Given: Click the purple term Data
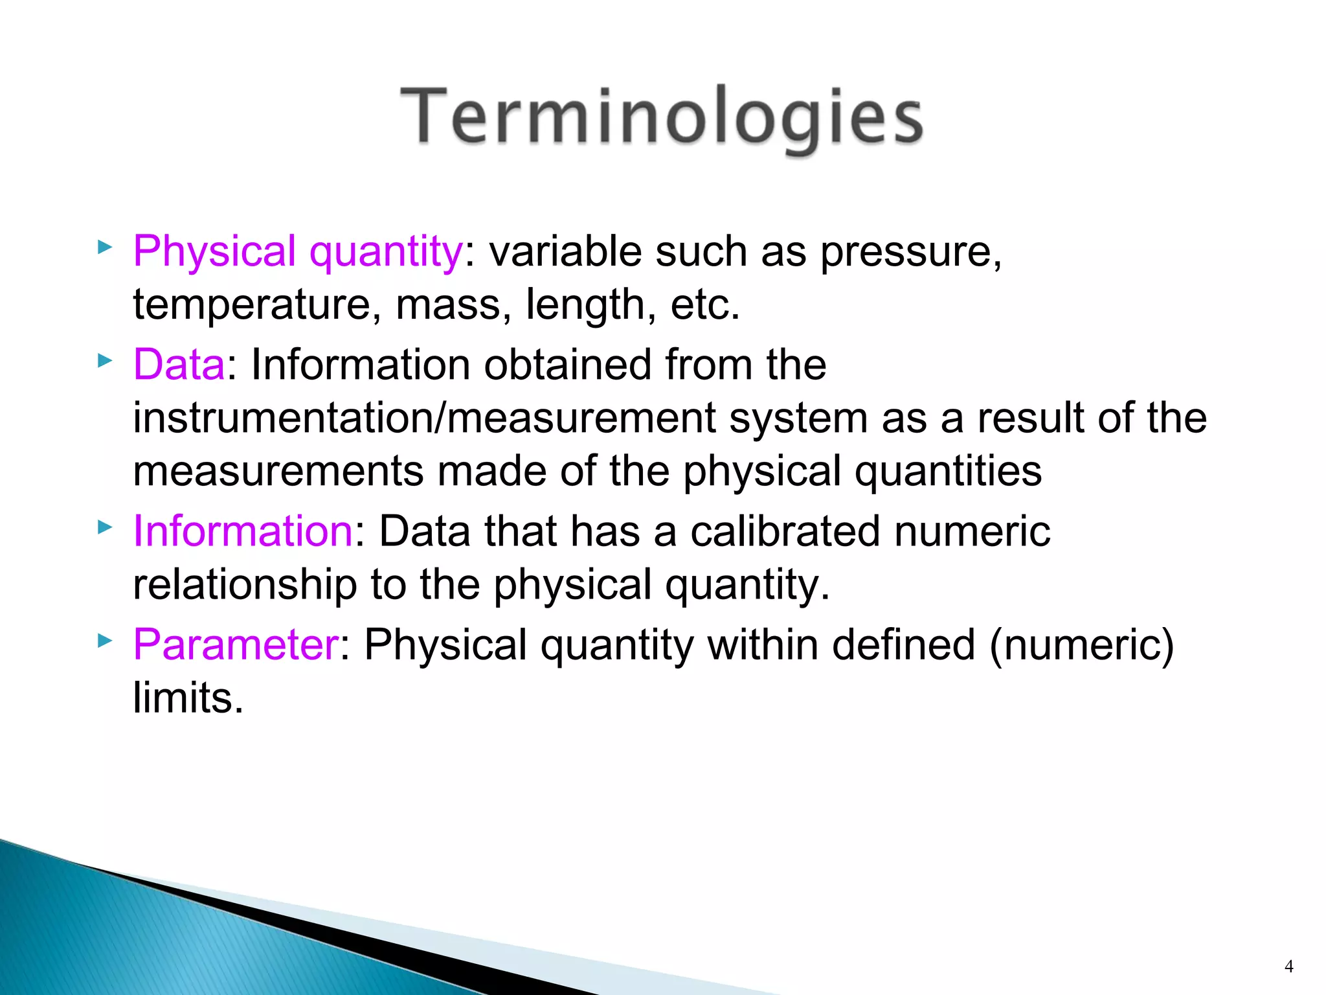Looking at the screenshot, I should (179, 364).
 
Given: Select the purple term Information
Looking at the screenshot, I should (242, 531).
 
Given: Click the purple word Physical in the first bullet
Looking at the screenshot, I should (214, 251).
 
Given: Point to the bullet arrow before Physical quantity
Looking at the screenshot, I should (104, 247).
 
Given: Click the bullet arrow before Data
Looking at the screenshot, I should (104, 360).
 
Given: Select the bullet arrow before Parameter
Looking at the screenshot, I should (104, 641).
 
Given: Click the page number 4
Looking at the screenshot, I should (1288, 966).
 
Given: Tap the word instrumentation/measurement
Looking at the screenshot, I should (423, 418).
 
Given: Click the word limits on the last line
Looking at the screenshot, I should (188, 698).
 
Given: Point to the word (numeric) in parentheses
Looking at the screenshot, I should (1081, 646).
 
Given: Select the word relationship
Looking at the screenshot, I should (245, 585).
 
